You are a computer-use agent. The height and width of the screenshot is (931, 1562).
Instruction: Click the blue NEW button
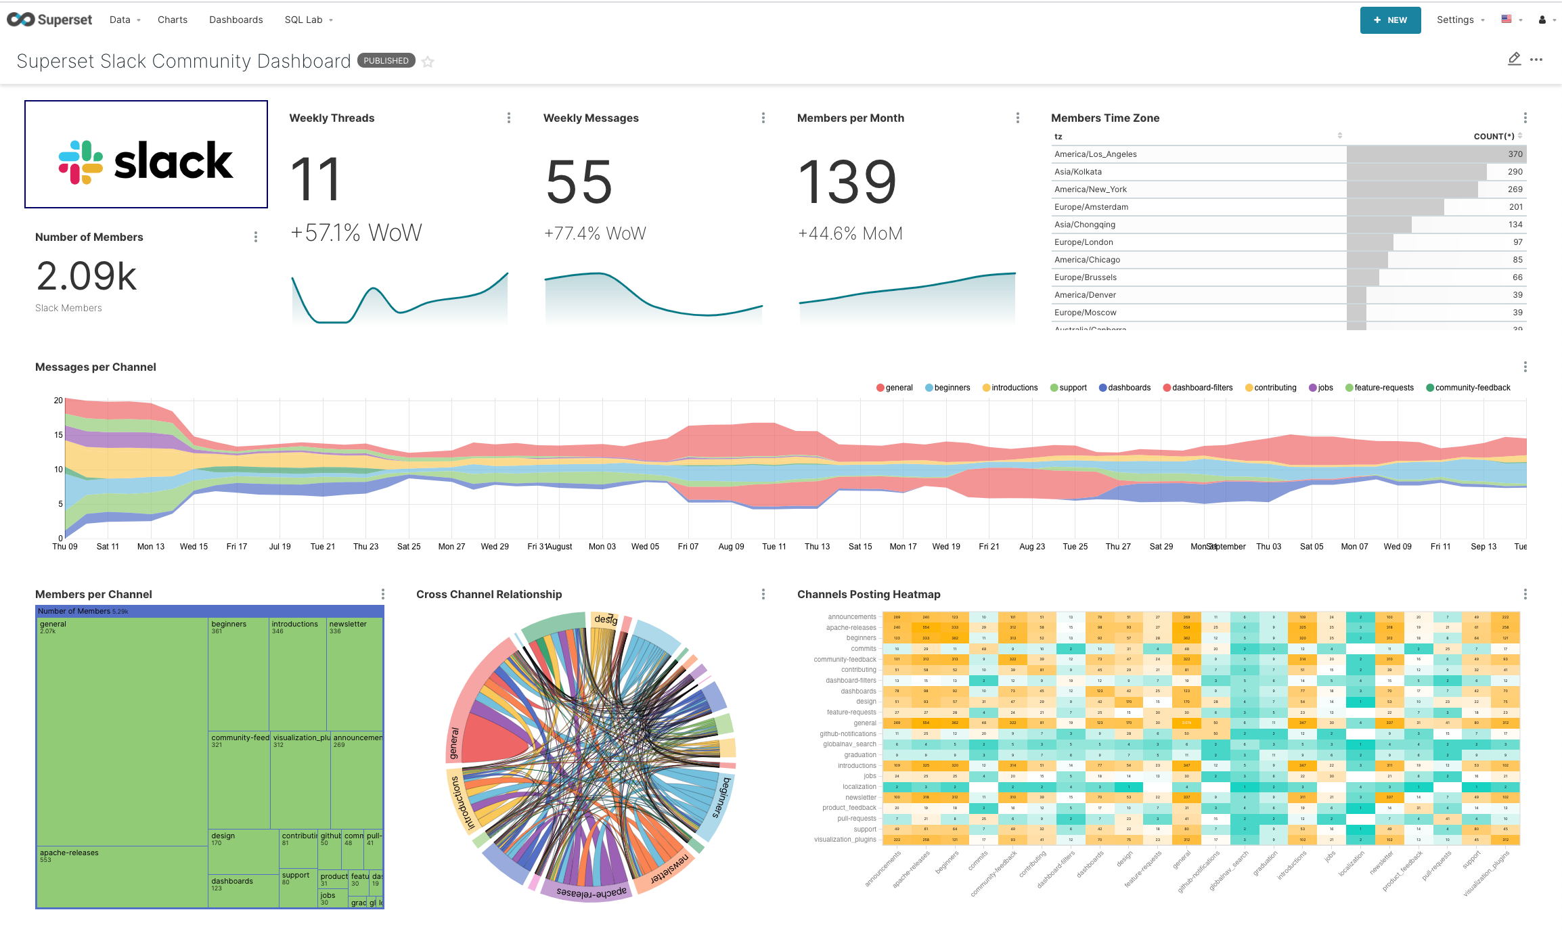[1390, 20]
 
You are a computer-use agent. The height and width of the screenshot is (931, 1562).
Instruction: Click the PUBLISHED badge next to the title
[386, 61]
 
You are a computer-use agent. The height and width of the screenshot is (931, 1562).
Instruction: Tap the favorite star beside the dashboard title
[428, 62]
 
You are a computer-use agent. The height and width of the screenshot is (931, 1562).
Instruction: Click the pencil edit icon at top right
[1514, 60]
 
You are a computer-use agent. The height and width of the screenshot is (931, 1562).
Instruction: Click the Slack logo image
[146, 161]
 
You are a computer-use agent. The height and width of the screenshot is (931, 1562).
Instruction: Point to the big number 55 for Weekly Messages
[579, 181]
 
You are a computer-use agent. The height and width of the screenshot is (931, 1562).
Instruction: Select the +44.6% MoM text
[850, 233]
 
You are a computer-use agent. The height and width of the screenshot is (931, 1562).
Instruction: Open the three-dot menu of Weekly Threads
[509, 118]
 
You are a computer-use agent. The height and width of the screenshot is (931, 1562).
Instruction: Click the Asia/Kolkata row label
[1078, 172]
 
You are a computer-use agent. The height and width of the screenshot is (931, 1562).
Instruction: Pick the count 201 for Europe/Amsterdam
[1515, 207]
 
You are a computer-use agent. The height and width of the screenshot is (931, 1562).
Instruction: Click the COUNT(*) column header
[1494, 137]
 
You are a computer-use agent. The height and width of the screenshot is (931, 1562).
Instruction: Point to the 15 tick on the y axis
[58, 435]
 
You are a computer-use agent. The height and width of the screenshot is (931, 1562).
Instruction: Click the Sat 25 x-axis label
[409, 547]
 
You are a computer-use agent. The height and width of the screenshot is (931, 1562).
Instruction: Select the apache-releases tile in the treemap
[122, 876]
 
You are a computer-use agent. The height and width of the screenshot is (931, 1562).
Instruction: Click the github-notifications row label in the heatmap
[848, 734]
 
